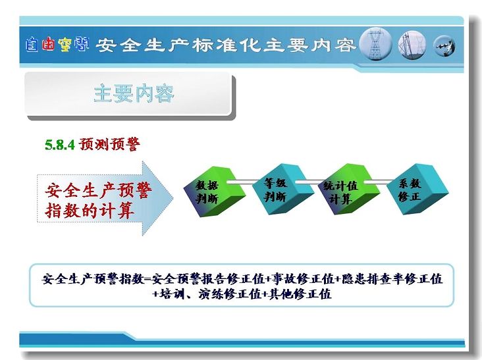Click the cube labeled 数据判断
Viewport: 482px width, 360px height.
(214, 192)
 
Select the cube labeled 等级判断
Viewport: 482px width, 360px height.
(282, 189)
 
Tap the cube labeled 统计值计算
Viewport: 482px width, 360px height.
(349, 190)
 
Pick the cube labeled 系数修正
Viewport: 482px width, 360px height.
(417, 189)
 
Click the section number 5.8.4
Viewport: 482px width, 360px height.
(60, 145)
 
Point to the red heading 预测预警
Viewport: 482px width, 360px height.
(109, 144)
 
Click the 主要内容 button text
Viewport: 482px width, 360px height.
(134, 93)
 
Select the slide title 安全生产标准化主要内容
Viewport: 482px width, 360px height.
(226, 45)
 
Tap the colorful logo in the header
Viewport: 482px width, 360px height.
(57, 45)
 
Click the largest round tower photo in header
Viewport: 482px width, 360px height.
(375, 44)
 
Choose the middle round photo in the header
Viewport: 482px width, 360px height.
(412, 45)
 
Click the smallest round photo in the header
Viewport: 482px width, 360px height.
(444, 46)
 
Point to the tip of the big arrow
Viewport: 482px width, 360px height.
(173, 198)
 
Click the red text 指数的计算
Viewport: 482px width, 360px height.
(90, 211)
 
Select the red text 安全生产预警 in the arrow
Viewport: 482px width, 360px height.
(98, 190)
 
